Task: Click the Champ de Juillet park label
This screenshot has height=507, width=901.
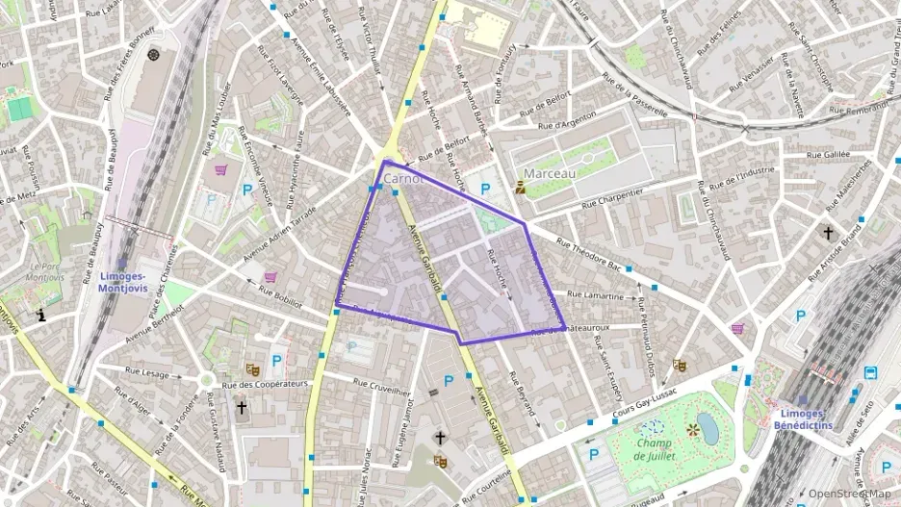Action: pos(655,448)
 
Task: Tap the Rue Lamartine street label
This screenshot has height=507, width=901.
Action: pos(596,295)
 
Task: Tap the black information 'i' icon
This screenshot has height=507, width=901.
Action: pos(41,315)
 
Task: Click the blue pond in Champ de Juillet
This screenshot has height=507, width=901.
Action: pos(708,428)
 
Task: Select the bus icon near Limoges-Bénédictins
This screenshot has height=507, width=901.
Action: pos(870,372)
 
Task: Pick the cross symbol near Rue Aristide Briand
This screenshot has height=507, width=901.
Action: pos(827,233)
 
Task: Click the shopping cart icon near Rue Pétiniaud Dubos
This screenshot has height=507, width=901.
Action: pos(737,328)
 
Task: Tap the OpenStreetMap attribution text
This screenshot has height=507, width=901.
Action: pos(849,494)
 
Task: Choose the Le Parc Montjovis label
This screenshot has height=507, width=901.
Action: pos(45,270)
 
